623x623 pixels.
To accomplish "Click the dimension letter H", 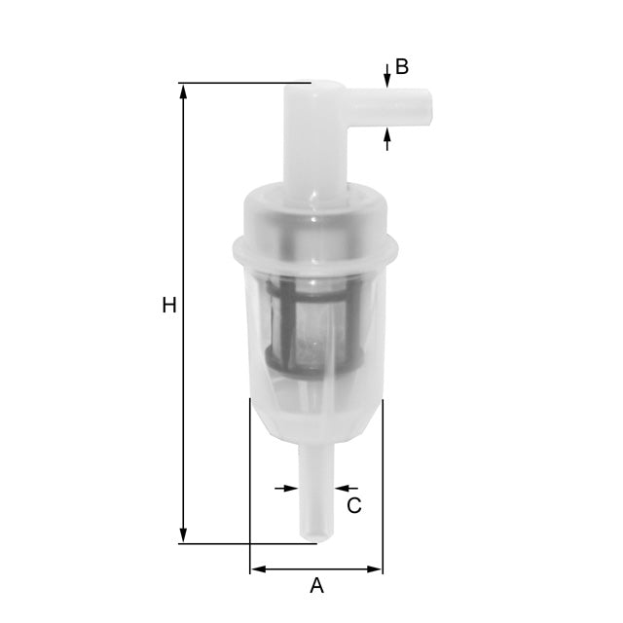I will pyautogui.click(x=169, y=306).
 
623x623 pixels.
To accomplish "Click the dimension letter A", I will pyautogui.click(x=316, y=585).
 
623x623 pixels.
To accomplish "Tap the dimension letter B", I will pyautogui.click(x=401, y=67).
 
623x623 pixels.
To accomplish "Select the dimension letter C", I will pyautogui.click(x=354, y=505).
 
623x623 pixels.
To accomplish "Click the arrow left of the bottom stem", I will pyautogui.click(x=289, y=487).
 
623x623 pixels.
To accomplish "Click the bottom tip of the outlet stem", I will pyautogui.click(x=316, y=537).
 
